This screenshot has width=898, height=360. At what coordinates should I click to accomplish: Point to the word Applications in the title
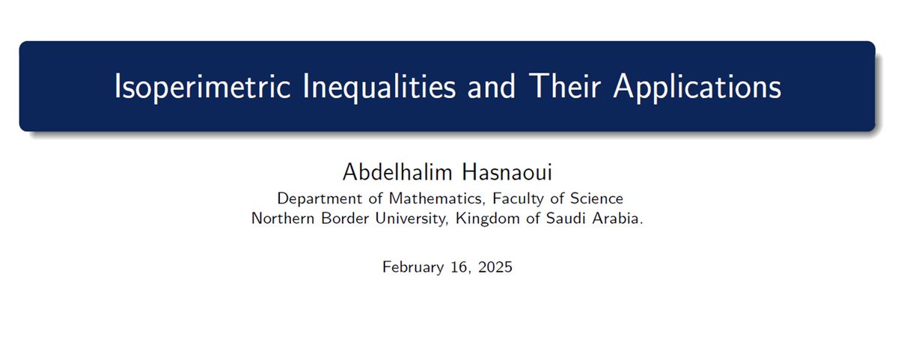pos(697,88)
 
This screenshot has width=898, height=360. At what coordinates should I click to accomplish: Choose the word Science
pos(593,199)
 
